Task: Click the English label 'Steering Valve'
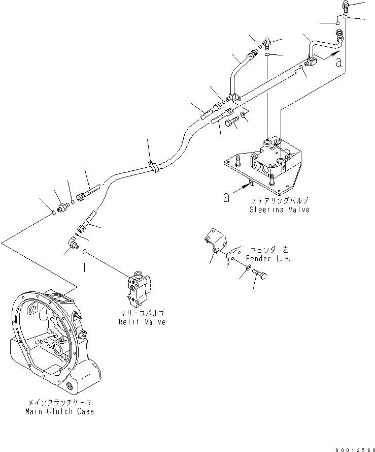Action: pos(279,209)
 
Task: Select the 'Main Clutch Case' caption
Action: pos(59,411)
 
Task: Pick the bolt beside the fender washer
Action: pos(262,275)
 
